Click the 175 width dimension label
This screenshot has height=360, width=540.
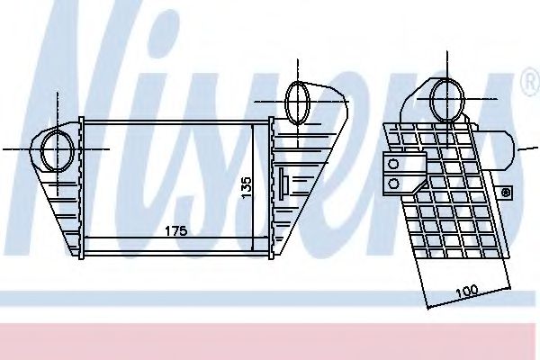coord(175,231)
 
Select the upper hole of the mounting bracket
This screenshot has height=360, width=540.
coord(393,164)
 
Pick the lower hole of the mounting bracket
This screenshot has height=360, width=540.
coord(393,183)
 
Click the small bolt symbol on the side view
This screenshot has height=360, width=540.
coord(506,192)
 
